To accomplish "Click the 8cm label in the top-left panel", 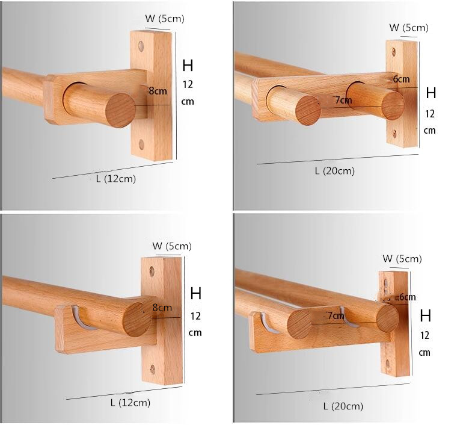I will pos(158,91).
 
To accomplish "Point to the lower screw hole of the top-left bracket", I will pos(141,144).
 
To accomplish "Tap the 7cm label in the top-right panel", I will pos(343,100).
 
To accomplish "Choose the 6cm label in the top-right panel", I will pos(401,79).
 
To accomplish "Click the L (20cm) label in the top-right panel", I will pos(334,171).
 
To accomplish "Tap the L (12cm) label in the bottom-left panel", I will pos(130,402).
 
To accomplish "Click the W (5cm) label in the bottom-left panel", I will pos(171,246).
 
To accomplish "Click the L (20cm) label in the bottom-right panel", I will pos(343,406).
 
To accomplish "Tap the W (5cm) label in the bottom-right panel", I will pos(402,259).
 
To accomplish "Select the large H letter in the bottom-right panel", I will pos(426,315).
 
